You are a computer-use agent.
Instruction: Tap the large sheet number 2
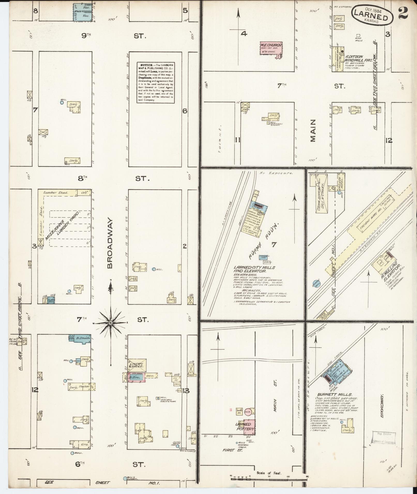pos(403,13)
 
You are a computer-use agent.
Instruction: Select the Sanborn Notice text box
pos(155,82)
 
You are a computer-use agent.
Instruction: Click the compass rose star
pos(111,323)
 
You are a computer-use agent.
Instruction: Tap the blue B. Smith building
pos(81,339)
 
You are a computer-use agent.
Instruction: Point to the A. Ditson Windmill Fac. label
pos(354,58)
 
